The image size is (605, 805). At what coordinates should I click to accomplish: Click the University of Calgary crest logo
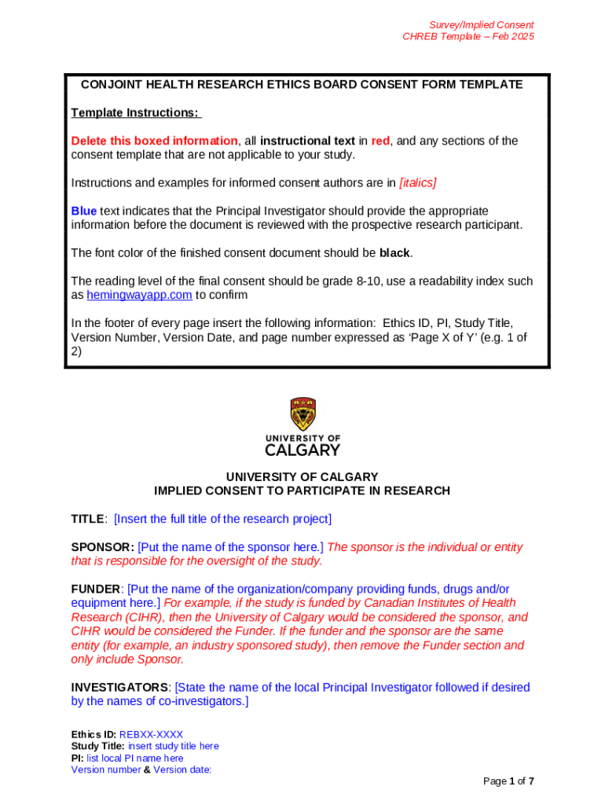(302, 414)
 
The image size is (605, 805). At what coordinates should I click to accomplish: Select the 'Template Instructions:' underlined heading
(136, 113)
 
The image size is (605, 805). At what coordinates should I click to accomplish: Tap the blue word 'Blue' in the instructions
(84, 211)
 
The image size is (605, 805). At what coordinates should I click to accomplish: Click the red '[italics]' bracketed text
(418, 183)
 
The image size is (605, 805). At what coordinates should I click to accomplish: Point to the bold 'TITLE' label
(87, 519)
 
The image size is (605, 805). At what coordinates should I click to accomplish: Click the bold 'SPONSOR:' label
(103, 547)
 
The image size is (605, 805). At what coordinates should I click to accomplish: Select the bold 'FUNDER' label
(96, 589)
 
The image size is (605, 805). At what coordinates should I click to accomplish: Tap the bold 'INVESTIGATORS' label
(119, 687)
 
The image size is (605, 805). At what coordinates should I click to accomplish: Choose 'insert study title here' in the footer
(173, 746)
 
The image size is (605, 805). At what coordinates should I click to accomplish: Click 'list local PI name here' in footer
(134, 759)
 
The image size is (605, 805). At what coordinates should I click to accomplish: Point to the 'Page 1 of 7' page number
(508, 781)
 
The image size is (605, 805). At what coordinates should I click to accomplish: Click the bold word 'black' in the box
(395, 253)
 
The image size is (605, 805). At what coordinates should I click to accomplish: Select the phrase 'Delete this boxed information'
(154, 141)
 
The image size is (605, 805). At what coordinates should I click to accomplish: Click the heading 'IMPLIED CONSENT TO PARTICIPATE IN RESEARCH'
(302, 491)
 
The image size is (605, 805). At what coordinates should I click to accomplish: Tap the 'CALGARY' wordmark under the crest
(302, 450)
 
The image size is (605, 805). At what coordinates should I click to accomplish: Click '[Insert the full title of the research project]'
(223, 519)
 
